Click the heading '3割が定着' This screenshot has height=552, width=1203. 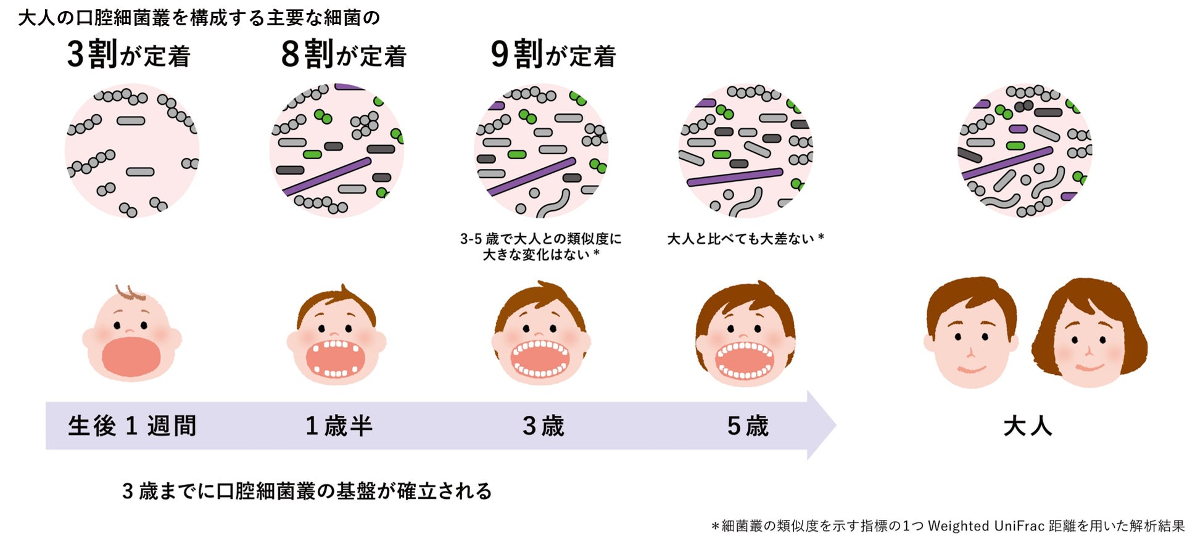pos(128,55)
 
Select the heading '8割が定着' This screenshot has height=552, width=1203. pos(343,55)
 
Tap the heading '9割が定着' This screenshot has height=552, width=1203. pos(553,55)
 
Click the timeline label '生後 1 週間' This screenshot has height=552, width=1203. pos(132,426)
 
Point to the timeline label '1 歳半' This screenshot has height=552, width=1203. pos(339,426)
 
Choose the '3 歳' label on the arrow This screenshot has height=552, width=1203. pos(543,426)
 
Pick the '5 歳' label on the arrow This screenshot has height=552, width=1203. pos(747,426)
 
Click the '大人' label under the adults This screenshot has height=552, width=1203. pos(1027,426)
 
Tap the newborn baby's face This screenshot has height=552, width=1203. pos(131,336)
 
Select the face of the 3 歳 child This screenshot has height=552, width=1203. pos(540,336)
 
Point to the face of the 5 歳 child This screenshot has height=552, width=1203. pos(745,336)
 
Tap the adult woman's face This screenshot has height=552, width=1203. pos(1088,339)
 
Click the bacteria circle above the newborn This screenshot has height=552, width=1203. pos(132,150)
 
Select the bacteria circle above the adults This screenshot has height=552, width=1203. pos(1025,150)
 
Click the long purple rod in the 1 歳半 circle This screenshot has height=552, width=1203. pos(327,176)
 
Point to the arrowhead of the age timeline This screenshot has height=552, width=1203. pos(821,426)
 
